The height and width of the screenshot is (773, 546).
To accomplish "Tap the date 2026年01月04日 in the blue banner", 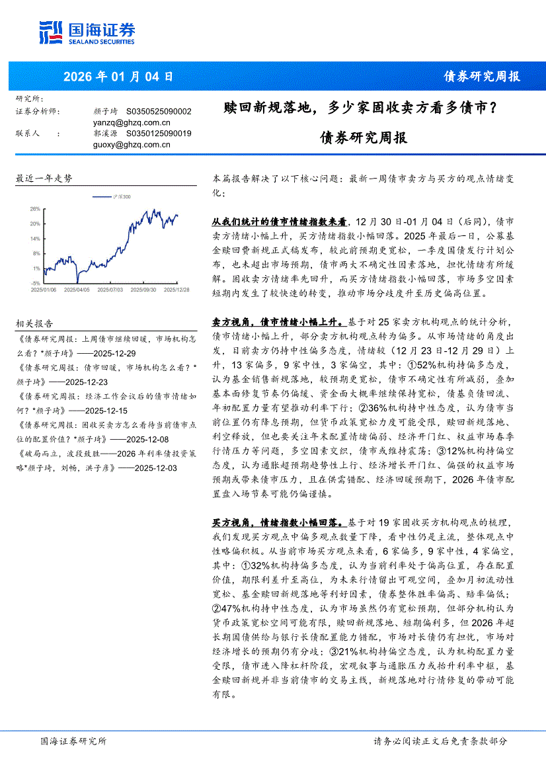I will point(118,77).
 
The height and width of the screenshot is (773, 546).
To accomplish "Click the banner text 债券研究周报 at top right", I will point(481,77).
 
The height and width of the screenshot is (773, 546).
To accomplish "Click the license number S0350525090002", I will point(159,112).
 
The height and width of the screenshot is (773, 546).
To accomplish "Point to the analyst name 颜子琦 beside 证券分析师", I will point(105,112).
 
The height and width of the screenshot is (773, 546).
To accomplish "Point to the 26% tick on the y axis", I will point(35,208).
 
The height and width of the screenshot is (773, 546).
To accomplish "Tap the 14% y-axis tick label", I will point(35,238).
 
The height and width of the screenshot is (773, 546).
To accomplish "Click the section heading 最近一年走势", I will point(44,179).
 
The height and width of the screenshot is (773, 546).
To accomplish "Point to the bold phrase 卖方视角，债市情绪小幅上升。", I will point(277,322).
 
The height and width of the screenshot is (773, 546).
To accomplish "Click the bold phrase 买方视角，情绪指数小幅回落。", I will point(277,522).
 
